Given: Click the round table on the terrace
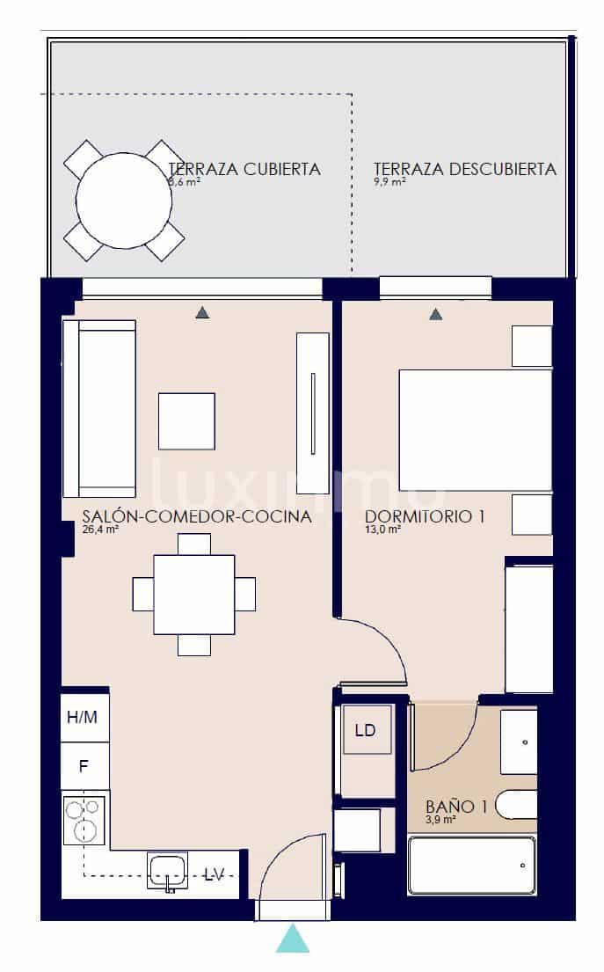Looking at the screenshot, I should [123, 200].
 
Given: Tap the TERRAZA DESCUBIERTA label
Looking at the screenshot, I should [464, 169].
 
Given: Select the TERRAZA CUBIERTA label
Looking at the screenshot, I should [244, 169].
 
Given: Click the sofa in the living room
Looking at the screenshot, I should [98, 408].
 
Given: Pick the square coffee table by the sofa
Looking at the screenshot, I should [186, 421].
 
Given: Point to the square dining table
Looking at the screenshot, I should [193, 594].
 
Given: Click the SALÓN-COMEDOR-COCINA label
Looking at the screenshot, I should [196, 517].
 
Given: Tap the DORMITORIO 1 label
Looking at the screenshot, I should [425, 517].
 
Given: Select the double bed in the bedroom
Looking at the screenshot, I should [475, 429].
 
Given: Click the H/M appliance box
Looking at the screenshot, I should [83, 718].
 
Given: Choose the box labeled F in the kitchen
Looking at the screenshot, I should [84, 765].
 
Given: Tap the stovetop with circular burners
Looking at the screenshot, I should [84, 820].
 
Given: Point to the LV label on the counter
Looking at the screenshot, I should [214, 874].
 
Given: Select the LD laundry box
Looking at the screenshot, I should [365, 730].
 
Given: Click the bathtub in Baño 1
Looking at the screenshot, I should [472, 865].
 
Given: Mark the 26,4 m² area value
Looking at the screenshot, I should [100, 530].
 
